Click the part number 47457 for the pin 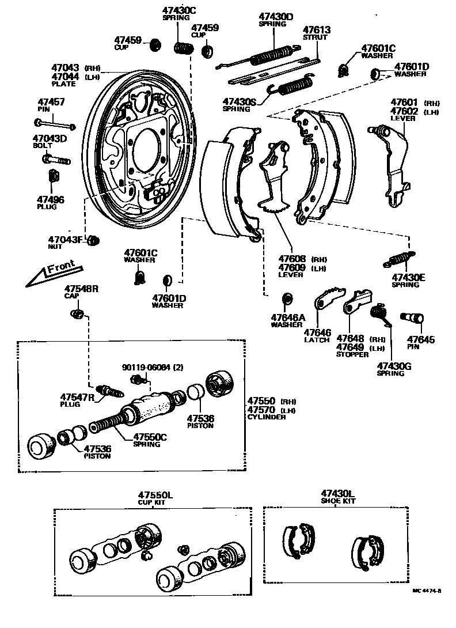[x=51, y=103]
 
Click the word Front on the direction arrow [x=60, y=269]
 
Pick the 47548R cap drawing [x=77, y=314]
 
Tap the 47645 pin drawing [x=413, y=316]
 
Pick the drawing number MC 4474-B [x=427, y=591]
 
